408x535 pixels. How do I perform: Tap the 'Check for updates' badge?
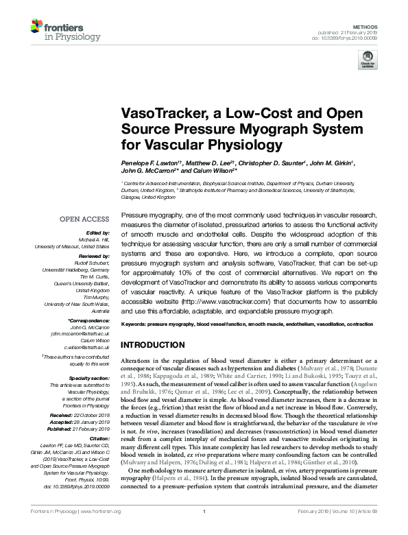(367, 61)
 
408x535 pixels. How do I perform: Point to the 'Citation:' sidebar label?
(97, 438)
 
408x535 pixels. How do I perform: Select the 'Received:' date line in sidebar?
(80, 415)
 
